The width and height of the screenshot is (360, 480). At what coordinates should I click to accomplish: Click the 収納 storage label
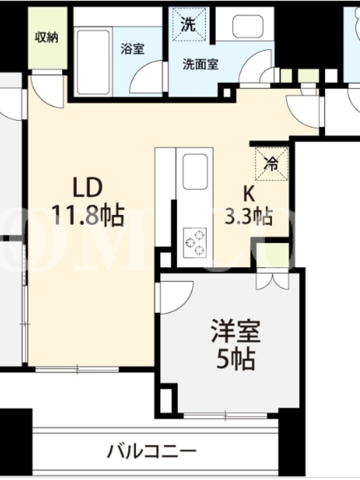click(47, 37)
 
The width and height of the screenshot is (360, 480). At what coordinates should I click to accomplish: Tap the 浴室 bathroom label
click(132, 49)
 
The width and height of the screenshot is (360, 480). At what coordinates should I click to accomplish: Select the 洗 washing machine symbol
click(188, 24)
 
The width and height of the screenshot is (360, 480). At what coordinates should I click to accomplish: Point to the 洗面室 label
click(200, 64)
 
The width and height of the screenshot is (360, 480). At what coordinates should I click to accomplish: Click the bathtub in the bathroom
click(94, 62)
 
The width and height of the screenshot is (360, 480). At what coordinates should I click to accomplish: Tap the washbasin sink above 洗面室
click(248, 26)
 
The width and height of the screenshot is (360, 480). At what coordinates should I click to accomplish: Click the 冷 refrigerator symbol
click(271, 164)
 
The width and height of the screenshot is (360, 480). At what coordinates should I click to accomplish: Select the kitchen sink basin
click(196, 172)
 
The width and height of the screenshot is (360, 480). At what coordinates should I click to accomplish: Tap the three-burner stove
click(195, 243)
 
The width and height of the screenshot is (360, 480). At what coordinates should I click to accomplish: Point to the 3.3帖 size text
click(248, 217)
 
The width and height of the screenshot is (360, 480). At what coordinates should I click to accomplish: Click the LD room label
click(87, 188)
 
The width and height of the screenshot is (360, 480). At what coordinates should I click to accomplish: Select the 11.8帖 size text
click(88, 215)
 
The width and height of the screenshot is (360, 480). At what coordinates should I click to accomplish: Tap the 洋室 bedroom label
click(235, 331)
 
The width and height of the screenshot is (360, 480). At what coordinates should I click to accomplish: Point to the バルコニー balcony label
click(152, 451)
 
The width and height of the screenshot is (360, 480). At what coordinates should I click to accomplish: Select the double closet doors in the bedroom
click(272, 281)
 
